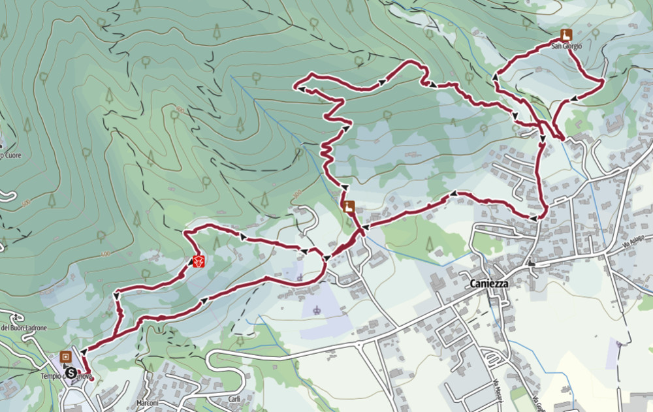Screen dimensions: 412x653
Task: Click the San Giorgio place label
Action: point(565,46)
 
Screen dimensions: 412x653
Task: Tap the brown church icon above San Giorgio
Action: point(565,35)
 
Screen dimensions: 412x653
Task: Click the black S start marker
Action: point(70,373)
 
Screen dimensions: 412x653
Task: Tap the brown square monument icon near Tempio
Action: point(65,357)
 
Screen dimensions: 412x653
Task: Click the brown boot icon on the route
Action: point(349,206)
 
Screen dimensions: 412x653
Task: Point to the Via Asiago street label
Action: point(633,243)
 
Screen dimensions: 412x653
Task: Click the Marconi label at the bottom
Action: point(148,403)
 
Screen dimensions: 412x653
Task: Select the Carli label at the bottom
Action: point(234,400)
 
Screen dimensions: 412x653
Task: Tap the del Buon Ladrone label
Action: point(24,327)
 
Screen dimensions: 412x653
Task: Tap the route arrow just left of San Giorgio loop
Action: point(495,78)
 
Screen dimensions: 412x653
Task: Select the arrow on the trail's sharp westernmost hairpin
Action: point(303,86)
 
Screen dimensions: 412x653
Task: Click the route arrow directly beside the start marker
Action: point(84,353)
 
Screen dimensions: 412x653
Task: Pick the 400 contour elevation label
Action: point(105,253)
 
